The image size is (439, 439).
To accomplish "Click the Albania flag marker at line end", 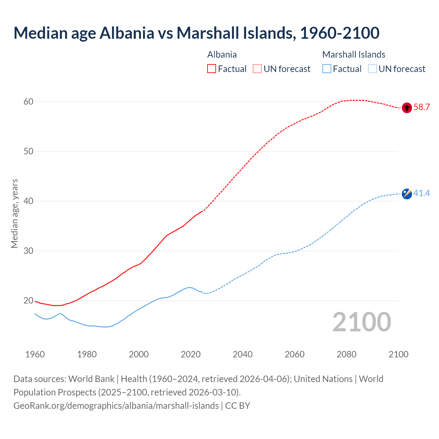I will [x=407, y=108].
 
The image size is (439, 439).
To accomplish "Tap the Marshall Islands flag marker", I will [x=407, y=194].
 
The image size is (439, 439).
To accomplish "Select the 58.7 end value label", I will [x=422, y=107].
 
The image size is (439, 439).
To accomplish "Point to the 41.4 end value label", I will [x=422, y=193].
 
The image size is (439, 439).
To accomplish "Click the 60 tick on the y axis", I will [x=28, y=102].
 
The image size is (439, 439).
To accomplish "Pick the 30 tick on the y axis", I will [x=28, y=251].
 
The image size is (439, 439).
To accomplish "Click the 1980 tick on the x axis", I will [x=87, y=354].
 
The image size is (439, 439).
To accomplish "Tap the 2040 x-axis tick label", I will [x=242, y=354].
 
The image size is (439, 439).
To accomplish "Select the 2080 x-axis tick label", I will [x=346, y=354].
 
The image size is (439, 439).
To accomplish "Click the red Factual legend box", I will [x=212, y=69].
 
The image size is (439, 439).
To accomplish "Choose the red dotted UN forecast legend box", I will [x=257, y=69].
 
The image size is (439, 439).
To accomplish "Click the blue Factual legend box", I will [x=327, y=69].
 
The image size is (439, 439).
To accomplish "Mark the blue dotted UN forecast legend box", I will [x=372, y=69].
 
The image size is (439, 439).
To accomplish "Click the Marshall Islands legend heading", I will [x=354, y=55].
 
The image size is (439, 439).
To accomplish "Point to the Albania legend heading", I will [x=222, y=55].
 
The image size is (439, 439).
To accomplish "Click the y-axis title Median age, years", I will [x=14, y=213].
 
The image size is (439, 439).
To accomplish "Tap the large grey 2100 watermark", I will [x=361, y=322].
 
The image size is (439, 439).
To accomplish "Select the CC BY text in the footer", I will [x=238, y=406].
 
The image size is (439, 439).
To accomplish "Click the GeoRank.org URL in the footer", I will [x=116, y=406].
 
